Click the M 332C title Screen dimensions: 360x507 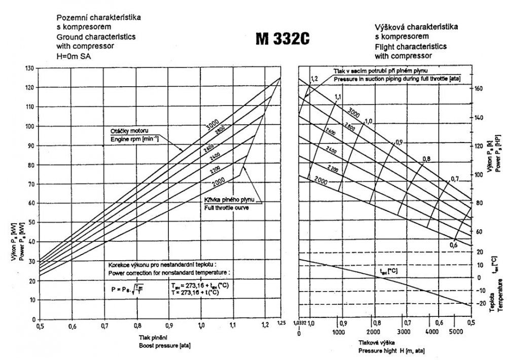(282, 40)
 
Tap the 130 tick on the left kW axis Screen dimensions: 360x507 (31, 68)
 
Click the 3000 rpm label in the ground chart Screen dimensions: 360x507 (212, 123)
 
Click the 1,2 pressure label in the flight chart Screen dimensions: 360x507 (314, 79)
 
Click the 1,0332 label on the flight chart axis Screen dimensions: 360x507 (299, 322)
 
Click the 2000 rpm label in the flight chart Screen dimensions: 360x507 (321, 180)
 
